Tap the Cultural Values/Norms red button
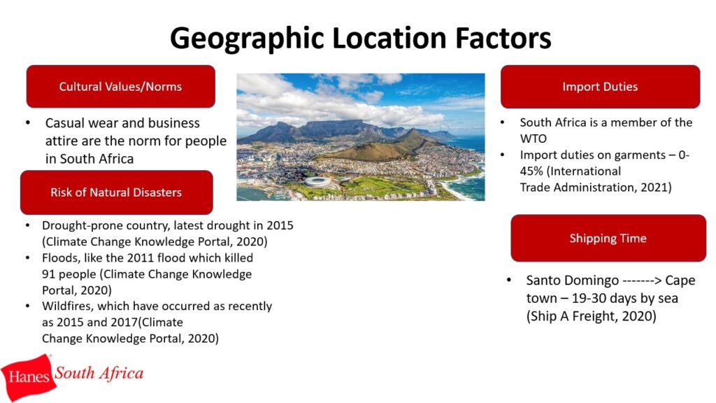click(120, 86)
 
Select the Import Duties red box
click(600, 86)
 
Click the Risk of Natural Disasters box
click(117, 192)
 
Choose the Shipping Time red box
click(608, 238)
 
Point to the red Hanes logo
click(28, 376)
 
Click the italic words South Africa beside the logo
click(99, 374)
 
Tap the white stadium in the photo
click(318, 181)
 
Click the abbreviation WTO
click(533, 139)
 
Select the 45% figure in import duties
click(531, 171)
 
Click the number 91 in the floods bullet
click(48, 274)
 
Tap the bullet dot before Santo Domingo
click(509, 280)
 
